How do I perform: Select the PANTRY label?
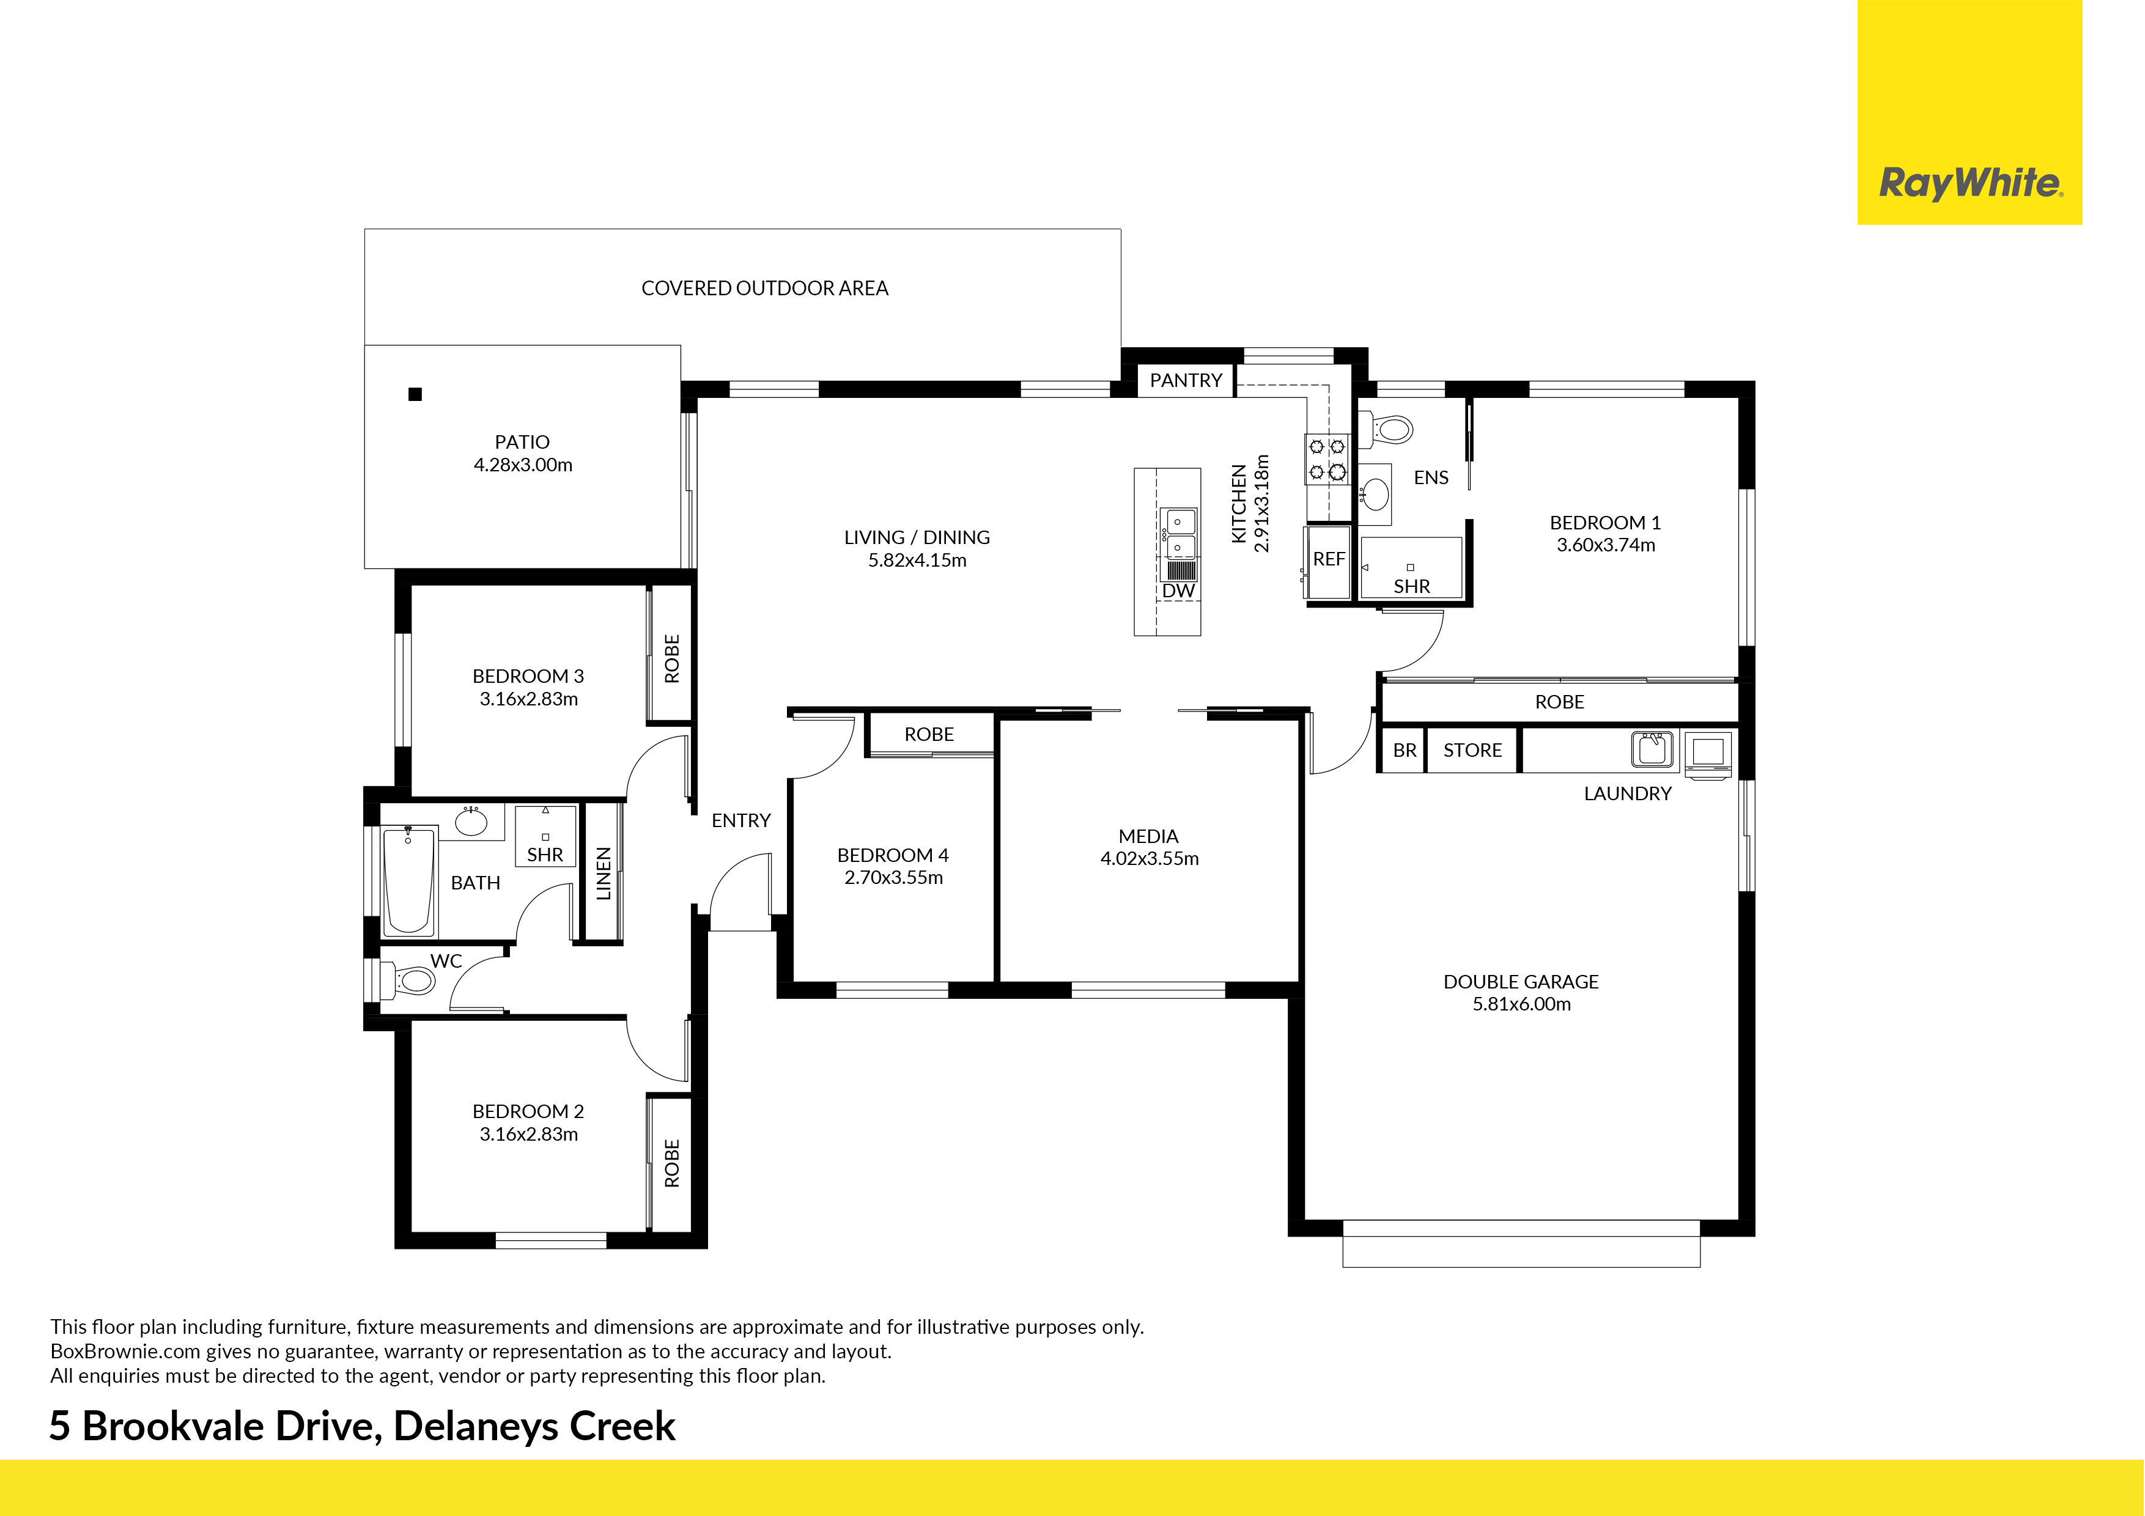coord(1186,380)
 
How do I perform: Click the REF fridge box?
coord(1329,561)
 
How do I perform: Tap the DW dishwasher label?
coord(1178,591)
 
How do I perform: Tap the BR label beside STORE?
coord(1404,750)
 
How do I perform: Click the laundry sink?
coord(1653,749)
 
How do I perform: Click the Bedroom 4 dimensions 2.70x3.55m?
coord(893,877)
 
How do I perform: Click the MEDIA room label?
coord(1148,836)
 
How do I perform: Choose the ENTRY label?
coord(741,820)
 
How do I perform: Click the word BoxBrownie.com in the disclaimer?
coord(125,1352)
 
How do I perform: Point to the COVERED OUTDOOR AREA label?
coord(764,289)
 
